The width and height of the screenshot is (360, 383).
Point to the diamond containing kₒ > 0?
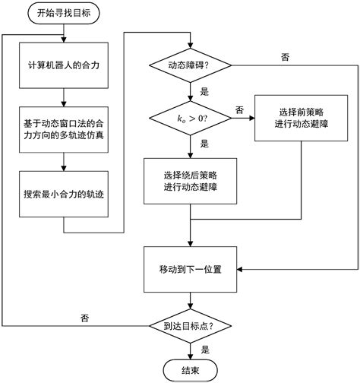[x=188, y=117]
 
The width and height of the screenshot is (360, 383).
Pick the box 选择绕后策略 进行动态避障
[x=188, y=181]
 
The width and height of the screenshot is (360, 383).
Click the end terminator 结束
[x=188, y=369]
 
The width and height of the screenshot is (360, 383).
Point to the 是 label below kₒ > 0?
[x=204, y=142]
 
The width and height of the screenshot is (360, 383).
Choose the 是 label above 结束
[x=204, y=350]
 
